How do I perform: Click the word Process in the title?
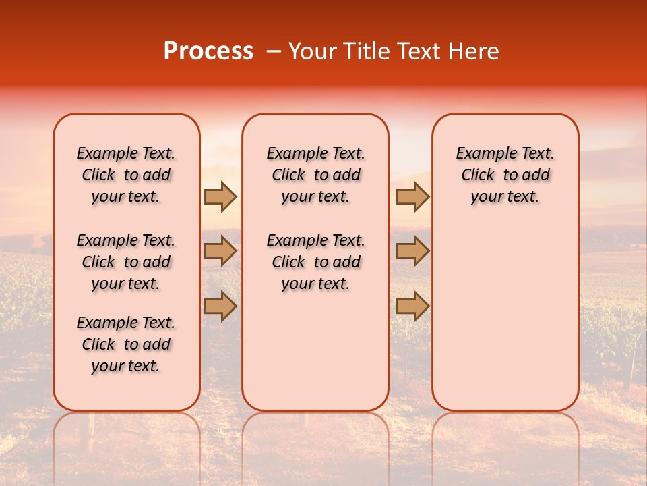click(208, 51)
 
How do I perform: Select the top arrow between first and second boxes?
click(220, 196)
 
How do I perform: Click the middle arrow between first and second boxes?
click(220, 251)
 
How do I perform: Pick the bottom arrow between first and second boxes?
click(220, 306)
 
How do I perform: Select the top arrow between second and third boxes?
click(412, 196)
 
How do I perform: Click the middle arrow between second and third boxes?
click(412, 251)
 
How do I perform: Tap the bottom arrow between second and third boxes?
click(412, 306)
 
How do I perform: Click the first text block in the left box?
click(126, 175)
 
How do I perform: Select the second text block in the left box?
click(126, 262)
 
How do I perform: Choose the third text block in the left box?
click(126, 344)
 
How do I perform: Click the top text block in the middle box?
click(315, 175)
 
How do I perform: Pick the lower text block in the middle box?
click(315, 262)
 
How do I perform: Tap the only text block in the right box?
click(505, 175)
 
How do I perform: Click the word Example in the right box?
click(482, 154)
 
